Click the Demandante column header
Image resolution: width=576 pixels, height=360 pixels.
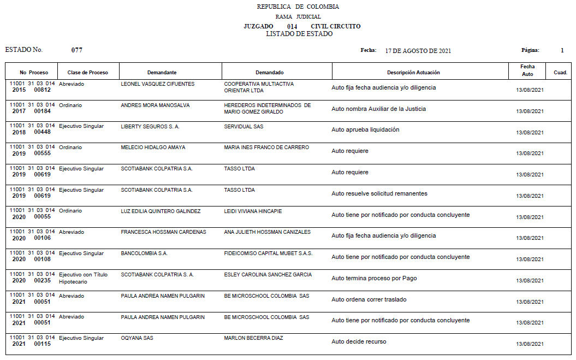coord(162,73)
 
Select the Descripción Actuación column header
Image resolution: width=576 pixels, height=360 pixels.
coord(413,73)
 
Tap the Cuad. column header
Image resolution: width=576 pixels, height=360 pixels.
coord(560,73)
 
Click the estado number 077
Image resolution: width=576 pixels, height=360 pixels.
coord(77,50)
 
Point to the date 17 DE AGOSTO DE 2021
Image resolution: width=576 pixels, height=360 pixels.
coord(418,51)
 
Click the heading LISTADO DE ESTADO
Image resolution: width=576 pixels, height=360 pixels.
coord(299,34)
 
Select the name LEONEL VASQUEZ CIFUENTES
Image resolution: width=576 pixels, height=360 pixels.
coord(157,84)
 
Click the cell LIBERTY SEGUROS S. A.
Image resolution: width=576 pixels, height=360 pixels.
coord(150,126)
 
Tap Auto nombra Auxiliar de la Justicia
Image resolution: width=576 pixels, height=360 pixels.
coord(378,109)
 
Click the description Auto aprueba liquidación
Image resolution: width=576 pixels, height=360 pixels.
coord(365,130)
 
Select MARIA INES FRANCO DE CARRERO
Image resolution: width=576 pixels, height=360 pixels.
coord(266,147)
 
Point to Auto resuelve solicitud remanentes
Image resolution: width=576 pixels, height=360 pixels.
coord(379,193)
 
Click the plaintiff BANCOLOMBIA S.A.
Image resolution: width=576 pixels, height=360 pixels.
coord(144,253)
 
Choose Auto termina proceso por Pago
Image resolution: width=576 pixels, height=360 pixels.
coord(374,278)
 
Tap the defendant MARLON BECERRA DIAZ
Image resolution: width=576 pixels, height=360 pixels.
coord(253,338)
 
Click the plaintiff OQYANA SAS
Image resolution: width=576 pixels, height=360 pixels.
coord(137,338)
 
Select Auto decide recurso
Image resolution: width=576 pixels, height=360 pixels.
coord(359,342)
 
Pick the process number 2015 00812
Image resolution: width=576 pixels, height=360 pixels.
coord(31,90)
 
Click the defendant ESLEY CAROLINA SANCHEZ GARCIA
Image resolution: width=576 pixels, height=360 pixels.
coord(268,275)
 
